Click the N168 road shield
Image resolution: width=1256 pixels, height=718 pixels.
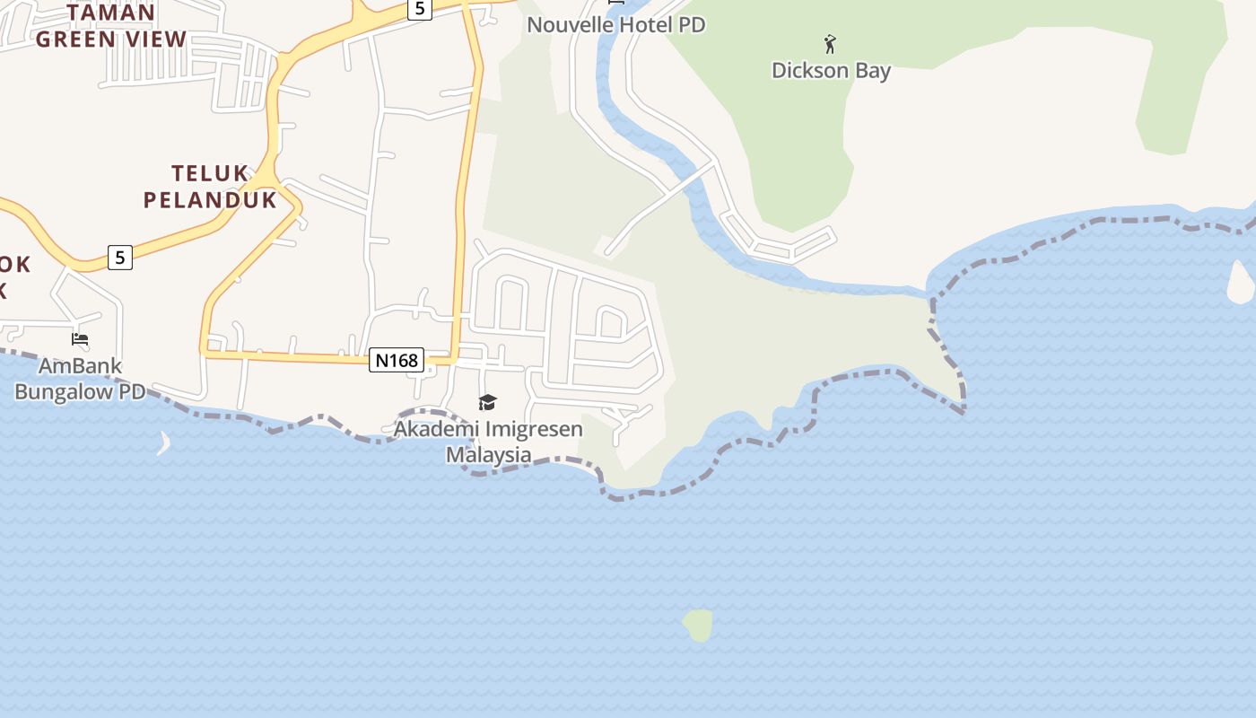(396, 360)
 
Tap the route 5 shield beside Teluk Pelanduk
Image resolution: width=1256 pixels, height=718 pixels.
(119, 258)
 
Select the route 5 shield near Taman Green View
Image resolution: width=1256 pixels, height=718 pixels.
(419, 9)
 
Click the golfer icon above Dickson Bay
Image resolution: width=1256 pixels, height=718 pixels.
(830, 43)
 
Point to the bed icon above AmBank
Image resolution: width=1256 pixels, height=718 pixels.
(80, 339)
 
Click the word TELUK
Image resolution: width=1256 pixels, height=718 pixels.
(209, 173)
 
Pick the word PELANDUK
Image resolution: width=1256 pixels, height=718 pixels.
(210, 199)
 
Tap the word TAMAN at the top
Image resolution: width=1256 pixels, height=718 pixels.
(110, 13)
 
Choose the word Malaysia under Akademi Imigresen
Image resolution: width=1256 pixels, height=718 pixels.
(488, 454)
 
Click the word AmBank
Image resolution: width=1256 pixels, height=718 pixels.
(79, 366)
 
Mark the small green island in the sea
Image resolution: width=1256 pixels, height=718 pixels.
(698, 625)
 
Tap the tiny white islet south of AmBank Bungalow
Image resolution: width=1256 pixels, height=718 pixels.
(164, 443)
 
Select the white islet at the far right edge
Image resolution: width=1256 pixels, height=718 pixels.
(1241, 283)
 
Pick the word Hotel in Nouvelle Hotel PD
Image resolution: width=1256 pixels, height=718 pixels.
(642, 24)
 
